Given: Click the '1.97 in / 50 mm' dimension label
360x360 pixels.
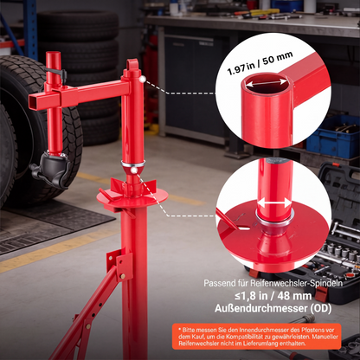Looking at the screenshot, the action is [x=260, y=63].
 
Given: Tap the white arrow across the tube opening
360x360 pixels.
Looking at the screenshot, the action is [x=266, y=83].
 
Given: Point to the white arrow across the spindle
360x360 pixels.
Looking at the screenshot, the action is [x=274, y=202].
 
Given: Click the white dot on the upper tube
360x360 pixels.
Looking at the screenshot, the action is [x=142, y=79].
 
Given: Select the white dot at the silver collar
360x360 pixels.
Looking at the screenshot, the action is [x=133, y=170].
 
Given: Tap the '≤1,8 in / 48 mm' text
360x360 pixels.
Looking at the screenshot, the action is [x=273, y=296].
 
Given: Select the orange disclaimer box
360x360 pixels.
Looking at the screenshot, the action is [x=257, y=337].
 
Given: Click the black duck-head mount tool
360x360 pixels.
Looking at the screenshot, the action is [x=51, y=169].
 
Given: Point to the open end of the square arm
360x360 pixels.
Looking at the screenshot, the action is [x=34, y=102].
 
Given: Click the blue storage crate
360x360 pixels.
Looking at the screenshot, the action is [x=333, y=135].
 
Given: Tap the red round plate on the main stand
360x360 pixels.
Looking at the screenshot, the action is [x=132, y=197].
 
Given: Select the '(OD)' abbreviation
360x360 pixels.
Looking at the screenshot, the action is [x=321, y=308].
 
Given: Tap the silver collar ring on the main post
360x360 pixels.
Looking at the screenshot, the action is [x=133, y=164].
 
